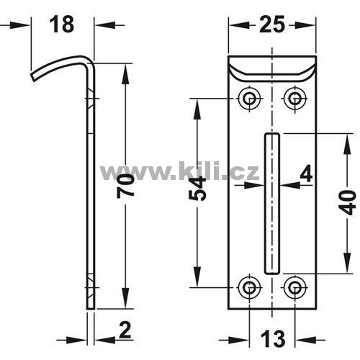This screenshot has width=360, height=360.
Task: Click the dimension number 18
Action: click(x=61, y=24)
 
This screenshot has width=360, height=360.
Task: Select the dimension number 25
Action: click(x=271, y=24)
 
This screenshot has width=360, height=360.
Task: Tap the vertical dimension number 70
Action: click(x=125, y=186)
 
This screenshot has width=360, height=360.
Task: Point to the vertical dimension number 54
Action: click(x=197, y=188)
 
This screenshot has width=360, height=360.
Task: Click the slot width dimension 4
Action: click(x=306, y=174)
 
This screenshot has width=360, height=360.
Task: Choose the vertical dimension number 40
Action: click(x=348, y=202)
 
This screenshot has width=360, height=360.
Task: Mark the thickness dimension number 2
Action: click(x=125, y=330)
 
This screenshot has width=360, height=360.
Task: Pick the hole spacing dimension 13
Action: click(x=272, y=339)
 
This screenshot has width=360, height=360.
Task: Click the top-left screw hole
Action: click(x=250, y=98)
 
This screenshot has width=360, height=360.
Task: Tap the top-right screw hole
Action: click(x=295, y=98)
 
